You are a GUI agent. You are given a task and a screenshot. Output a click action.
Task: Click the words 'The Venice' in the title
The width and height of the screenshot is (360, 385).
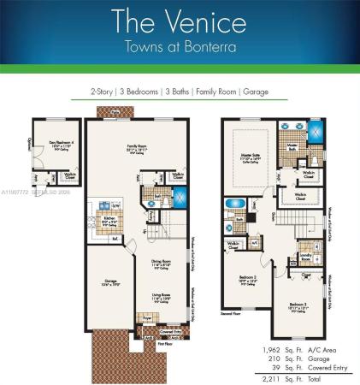coord(180,21)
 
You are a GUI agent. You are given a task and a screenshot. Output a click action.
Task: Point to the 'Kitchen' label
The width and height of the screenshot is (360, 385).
coord(109,218)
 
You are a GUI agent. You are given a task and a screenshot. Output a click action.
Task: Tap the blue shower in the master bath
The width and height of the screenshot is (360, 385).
coord(317,133)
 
